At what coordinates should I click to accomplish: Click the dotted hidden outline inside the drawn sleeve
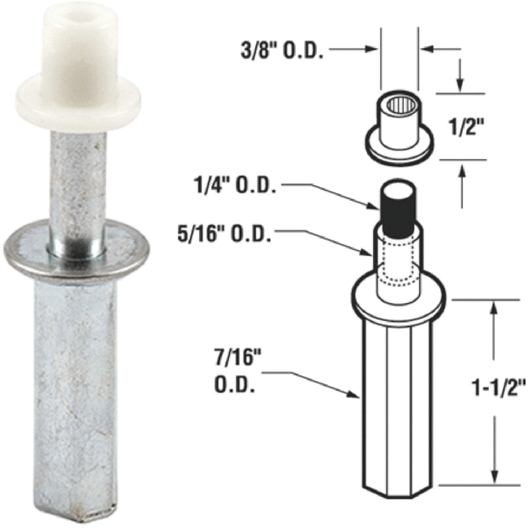pyautogui.click(x=398, y=264)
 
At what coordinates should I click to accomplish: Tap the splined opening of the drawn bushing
pyautogui.click(x=399, y=103)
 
